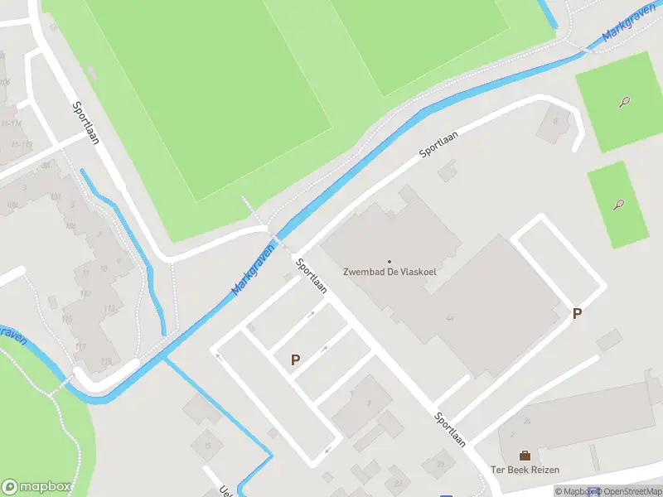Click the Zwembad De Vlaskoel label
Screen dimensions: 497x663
click(390, 272)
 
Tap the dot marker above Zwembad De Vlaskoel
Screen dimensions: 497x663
click(390, 262)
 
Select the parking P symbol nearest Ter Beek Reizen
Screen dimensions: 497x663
click(577, 314)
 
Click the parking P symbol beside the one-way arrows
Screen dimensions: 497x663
click(294, 359)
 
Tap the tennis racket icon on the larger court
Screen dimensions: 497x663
click(624, 102)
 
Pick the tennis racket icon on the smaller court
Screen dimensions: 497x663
click(618, 205)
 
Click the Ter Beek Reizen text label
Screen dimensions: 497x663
click(525, 470)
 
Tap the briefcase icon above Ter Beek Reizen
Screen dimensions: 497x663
click(525, 455)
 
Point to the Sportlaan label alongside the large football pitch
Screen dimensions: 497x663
click(85, 123)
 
